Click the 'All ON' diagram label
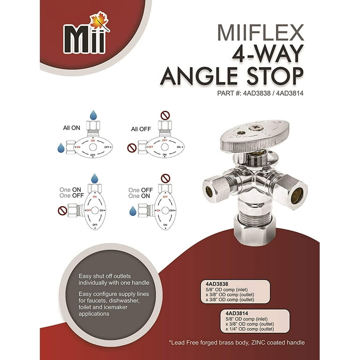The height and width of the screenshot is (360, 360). (72, 127)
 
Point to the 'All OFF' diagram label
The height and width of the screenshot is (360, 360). (141, 129)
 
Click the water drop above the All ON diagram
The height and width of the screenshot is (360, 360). (94, 116)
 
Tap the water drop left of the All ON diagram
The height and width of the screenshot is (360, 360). (61, 148)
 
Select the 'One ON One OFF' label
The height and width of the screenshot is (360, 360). (71, 193)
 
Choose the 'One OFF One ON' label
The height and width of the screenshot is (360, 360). (141, 193)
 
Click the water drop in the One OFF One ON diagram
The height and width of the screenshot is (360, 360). (133, 211)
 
